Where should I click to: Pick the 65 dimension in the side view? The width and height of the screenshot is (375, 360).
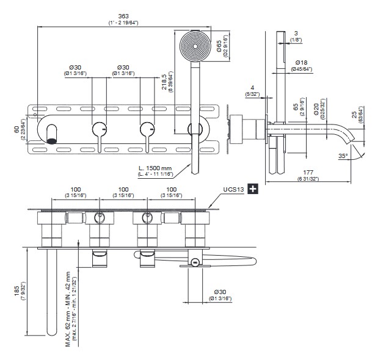295,110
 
